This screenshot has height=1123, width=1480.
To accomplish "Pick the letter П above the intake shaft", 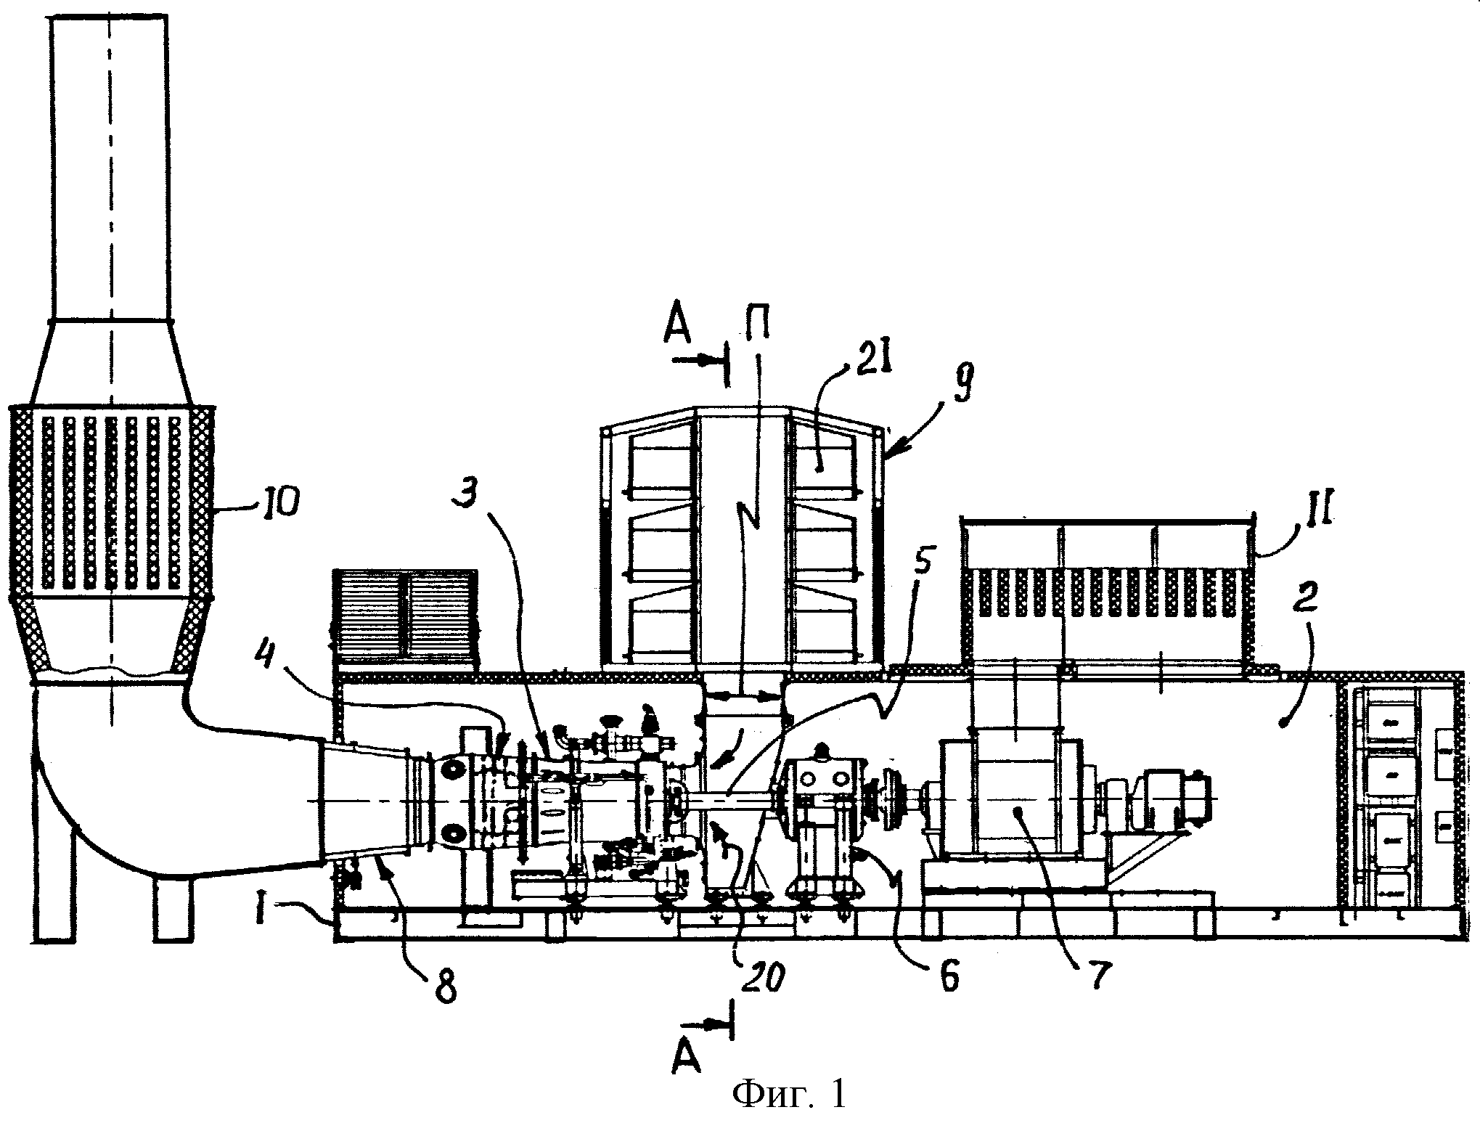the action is (x=754, y=335).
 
